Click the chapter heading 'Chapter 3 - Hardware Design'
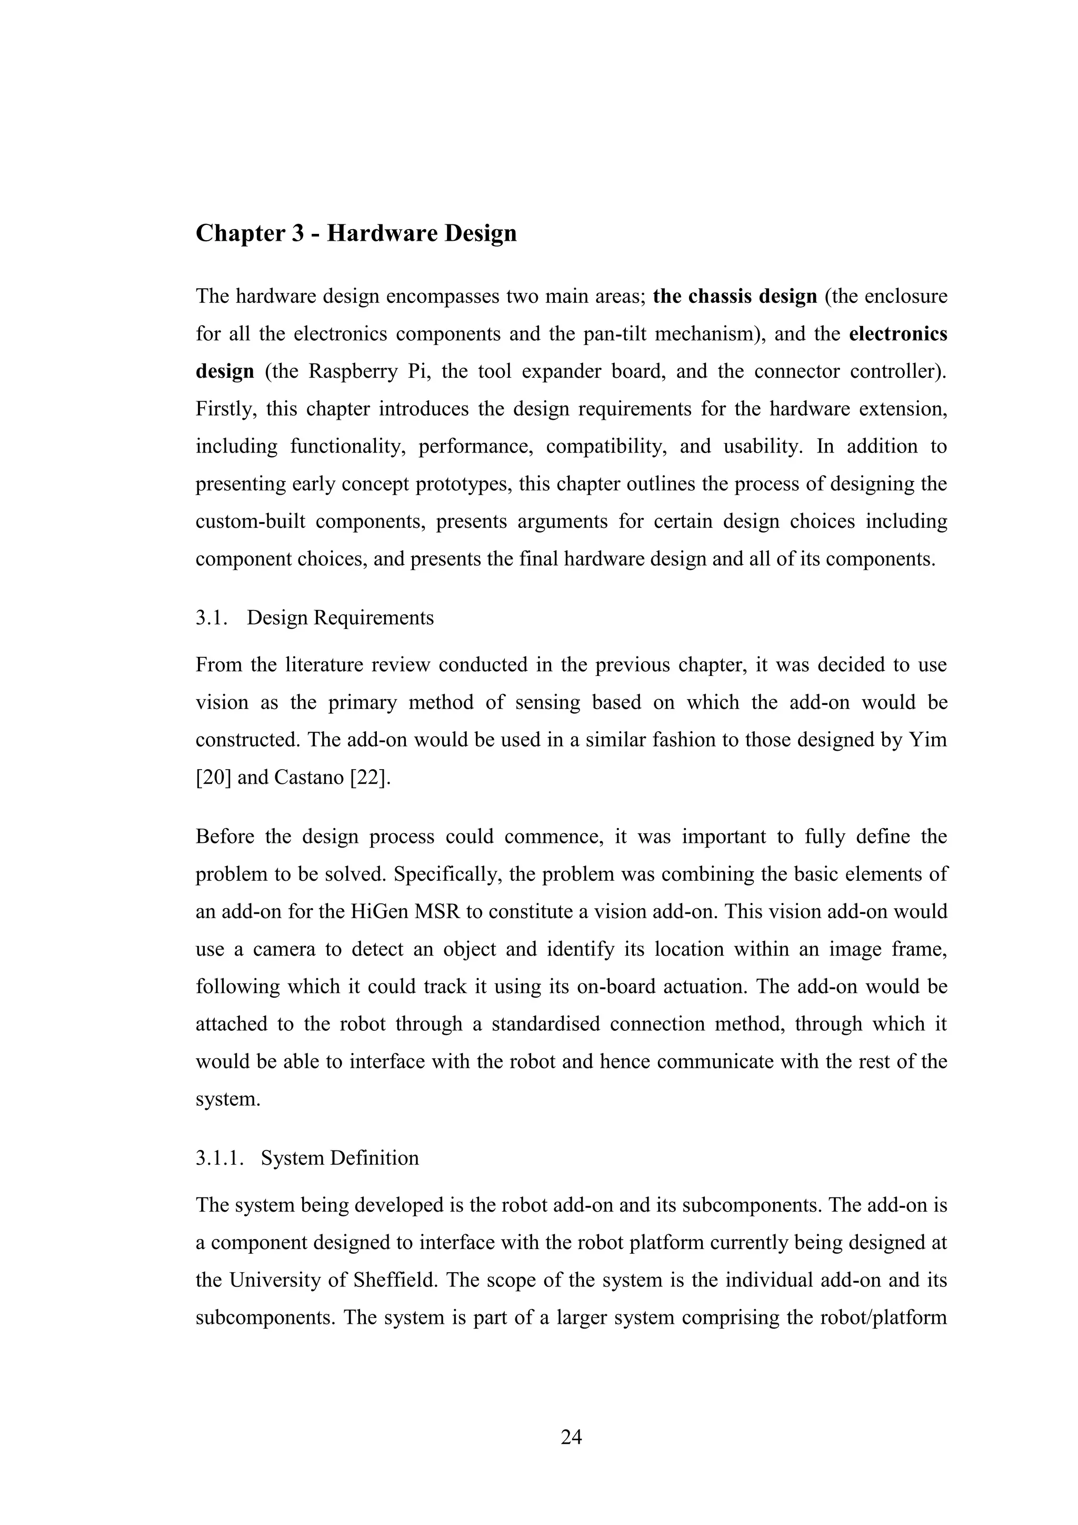pos(356,233)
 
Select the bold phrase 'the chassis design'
pos(735,296)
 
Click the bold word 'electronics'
pos(897,333)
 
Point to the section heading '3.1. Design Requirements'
pos(315,618)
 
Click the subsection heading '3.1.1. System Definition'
pos(307,1158)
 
